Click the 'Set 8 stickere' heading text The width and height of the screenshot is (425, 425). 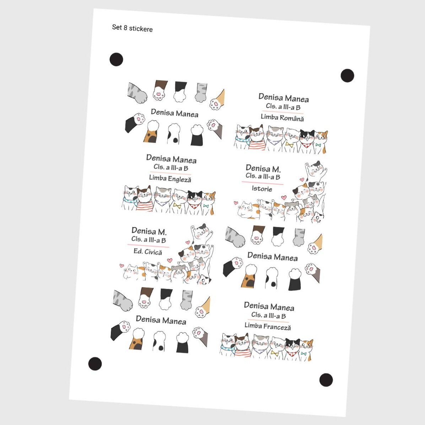(132, 28)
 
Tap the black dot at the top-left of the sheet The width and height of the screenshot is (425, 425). (116, 59)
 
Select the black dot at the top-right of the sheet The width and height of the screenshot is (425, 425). (347, 75)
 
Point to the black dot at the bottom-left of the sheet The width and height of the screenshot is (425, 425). (95, 364)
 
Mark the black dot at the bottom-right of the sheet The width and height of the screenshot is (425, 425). (326, 380)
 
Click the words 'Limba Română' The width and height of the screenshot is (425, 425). (282, 117)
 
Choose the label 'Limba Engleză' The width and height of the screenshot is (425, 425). (170, 178)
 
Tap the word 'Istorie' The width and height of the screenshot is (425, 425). (262, 189)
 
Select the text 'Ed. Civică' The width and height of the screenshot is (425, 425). (147, 252)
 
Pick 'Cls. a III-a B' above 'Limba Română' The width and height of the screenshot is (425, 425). (283, 107)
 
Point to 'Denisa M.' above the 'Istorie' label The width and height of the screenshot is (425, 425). (263, 168)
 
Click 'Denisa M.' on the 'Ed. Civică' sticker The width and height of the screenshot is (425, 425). (149, 231)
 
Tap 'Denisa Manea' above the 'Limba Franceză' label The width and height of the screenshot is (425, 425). (269, 306)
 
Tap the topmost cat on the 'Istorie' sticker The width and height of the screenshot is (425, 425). (315, 169)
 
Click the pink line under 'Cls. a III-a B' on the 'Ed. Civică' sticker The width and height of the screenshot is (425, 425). (148, 246)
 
